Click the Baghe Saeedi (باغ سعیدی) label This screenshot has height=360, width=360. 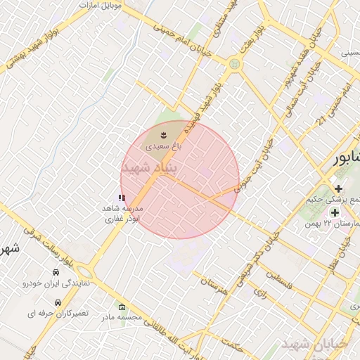pyautogui.click(x=164, y=148)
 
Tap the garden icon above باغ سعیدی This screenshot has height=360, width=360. pyautogui.click(x=164, y=134)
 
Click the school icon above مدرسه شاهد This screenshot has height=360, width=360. pyautogui.click(x=122, y=198)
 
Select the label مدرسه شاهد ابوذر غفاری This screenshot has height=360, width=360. pyautogui.click(x=123, y=214)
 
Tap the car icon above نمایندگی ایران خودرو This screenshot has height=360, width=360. pyautogui.click(x=56, y=272)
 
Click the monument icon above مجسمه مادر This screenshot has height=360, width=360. pyautogui.click(x=122, y=307)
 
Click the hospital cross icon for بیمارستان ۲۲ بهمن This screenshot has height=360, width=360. pyautogui.click(x=335, y=212)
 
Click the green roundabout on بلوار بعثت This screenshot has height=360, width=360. pyautogui.click(x=234, y=64)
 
